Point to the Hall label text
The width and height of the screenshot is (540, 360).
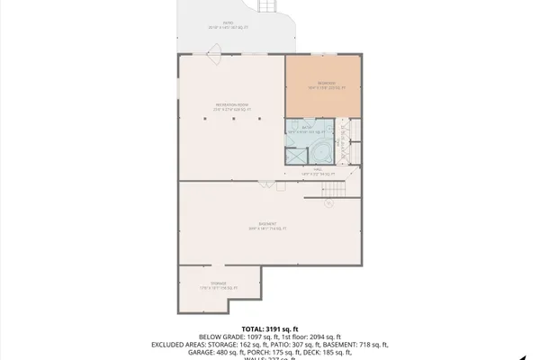pyautogui.click(x=317, y=171)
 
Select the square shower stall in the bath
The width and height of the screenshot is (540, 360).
pyautogui.click(x=295, y=154)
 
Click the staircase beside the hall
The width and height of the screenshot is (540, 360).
pyautogui.click(x=333, y=189)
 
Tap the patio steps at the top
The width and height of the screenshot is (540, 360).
pyautogui.click(x=266, y=6)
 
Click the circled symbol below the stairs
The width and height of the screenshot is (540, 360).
pyautogui.click(x=328, y=203)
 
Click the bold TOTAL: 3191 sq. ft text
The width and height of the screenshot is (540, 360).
pyautogui.click(x=269, y=328)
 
